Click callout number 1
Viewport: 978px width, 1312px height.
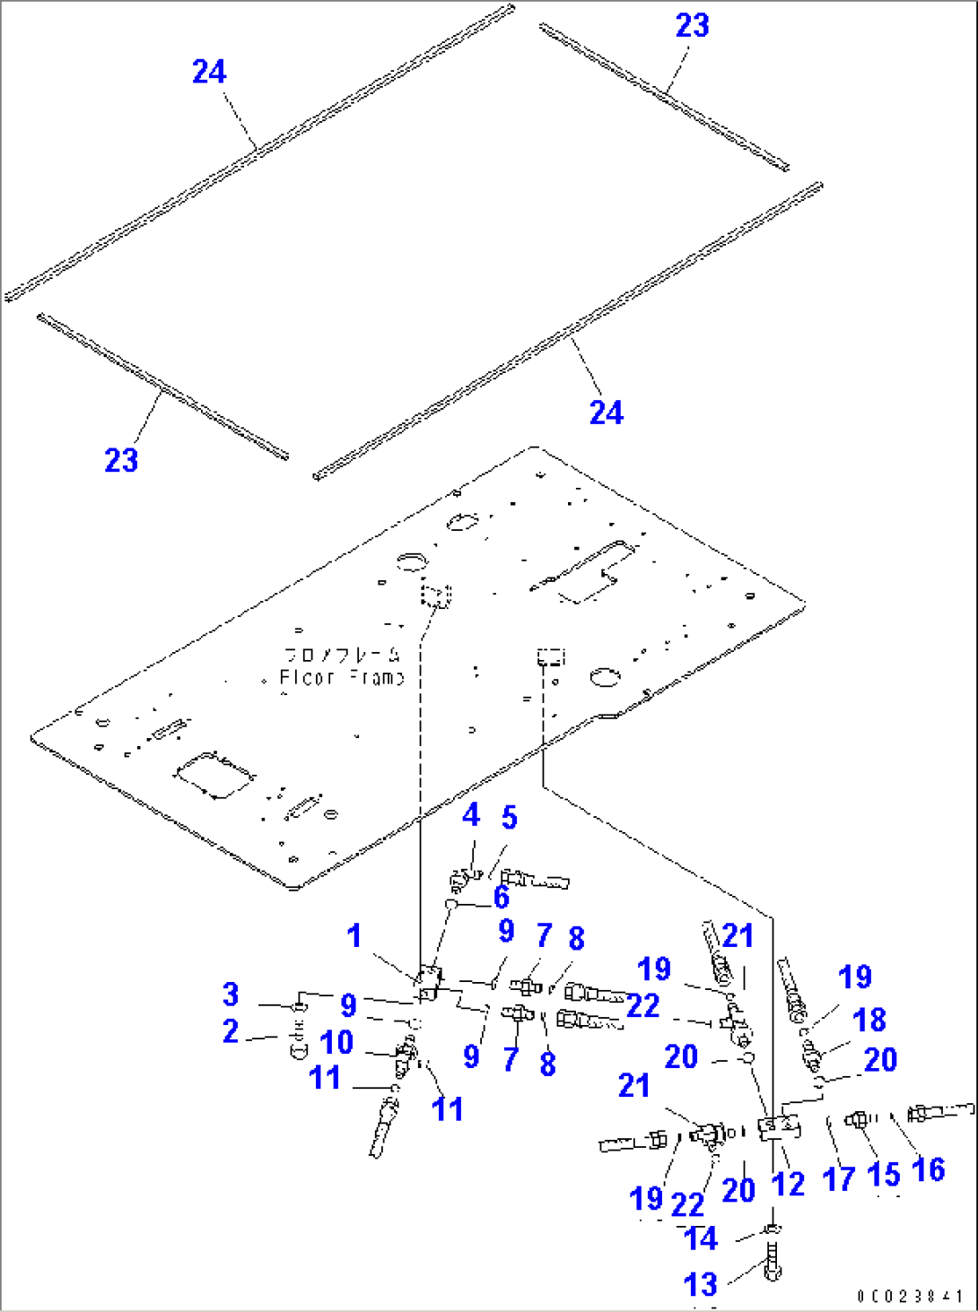(x=354, y=935)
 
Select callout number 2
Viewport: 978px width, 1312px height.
(x=231, y=1031)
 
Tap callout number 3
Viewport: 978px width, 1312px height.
(x=231, y=994)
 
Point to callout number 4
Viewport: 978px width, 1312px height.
(x=471, y=814)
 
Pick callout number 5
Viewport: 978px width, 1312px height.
(x=509, y=817)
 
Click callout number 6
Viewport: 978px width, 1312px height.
(x=501, y=897)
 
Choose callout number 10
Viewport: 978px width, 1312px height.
(x=336, y=1042)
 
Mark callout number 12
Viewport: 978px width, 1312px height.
(x=788, y=1184)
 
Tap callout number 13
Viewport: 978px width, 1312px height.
(x=700, y=1284)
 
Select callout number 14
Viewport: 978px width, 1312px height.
(x=700, y=1238)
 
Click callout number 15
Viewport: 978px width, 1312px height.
(x=883, y=1174)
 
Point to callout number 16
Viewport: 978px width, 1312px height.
(x=928, y=1169)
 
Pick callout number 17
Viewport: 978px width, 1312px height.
(x=838, y=1178)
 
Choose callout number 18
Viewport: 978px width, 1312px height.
(x=869, y=1020)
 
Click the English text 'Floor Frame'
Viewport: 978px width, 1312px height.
(x=342, y=678)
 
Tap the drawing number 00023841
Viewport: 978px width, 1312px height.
(x=910, y=1297)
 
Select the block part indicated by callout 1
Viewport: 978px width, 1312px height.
(x=428, y=983)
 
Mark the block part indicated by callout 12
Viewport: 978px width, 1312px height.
(x=775, y=1128)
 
